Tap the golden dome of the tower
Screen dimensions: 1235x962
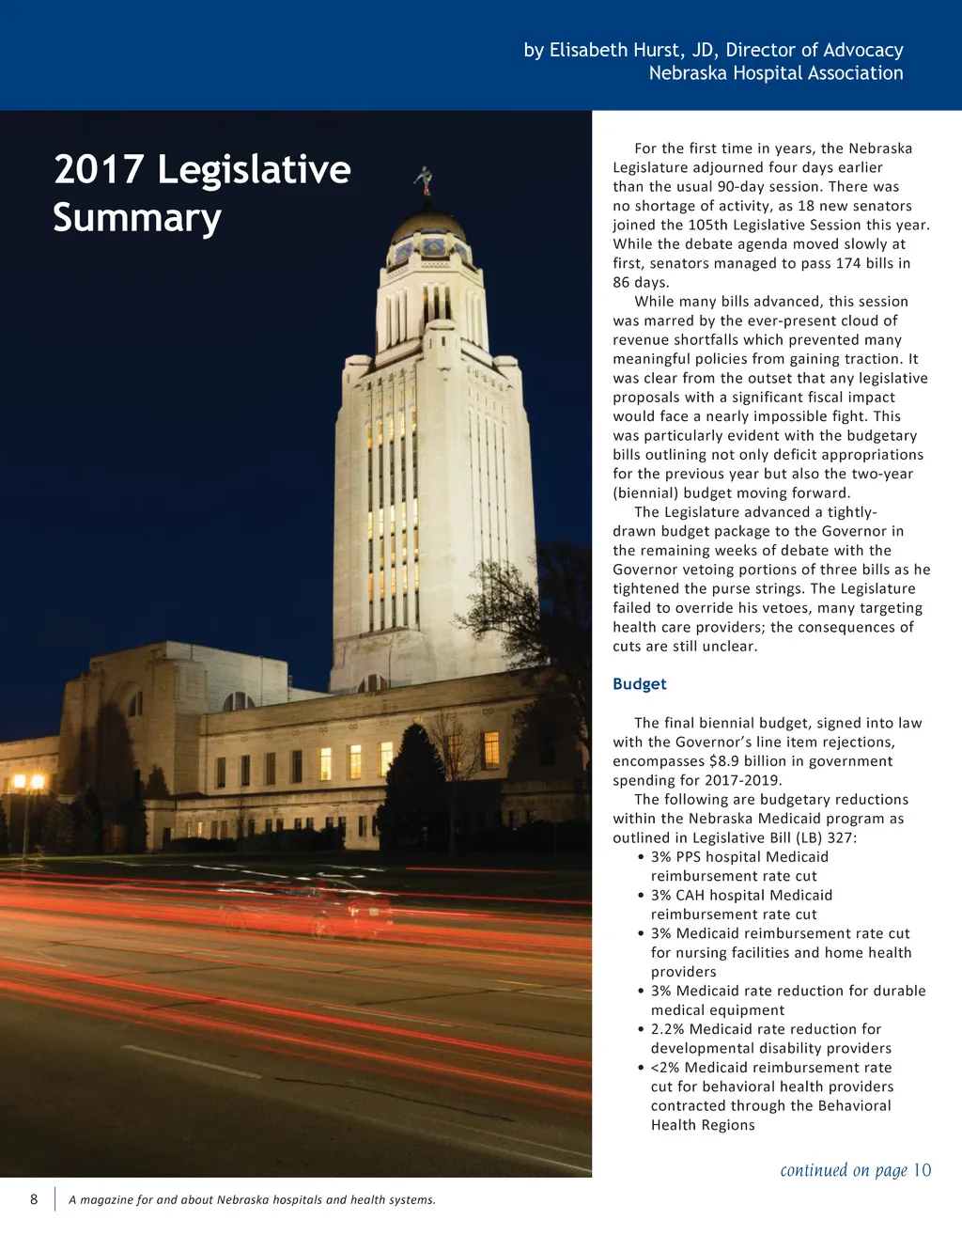[427, 226]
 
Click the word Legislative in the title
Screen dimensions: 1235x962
[254, 170]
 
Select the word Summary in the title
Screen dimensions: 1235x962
[137, 218]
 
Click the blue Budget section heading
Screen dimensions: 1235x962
[639, 684]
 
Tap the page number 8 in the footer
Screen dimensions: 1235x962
[34, 1199]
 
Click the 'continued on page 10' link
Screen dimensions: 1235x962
[855, 1170]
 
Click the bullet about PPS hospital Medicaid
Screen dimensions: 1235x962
[739, 867]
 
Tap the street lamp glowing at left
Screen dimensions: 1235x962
[27, 783]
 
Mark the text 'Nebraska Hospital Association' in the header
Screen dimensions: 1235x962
[776, 73]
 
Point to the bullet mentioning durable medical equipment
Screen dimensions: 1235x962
[787, 1000]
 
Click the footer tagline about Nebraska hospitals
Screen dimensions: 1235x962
[252, 1200]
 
